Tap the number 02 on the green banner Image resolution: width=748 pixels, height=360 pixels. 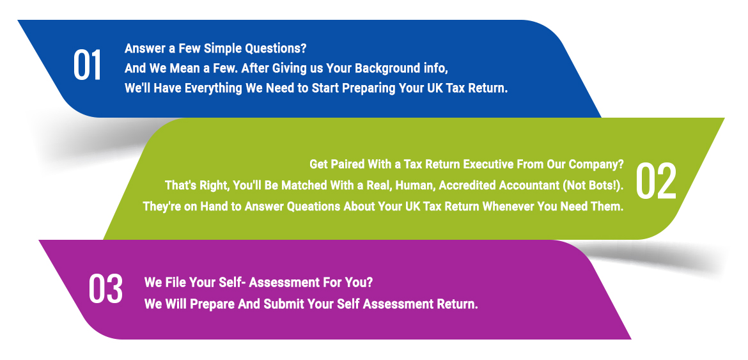(x=656, y=182)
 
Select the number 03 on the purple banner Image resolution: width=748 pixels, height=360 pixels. (x=105, y=289)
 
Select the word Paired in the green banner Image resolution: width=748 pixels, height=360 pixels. (x=347, y=164)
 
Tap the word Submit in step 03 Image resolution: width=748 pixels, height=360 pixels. (x=284, y=304)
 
